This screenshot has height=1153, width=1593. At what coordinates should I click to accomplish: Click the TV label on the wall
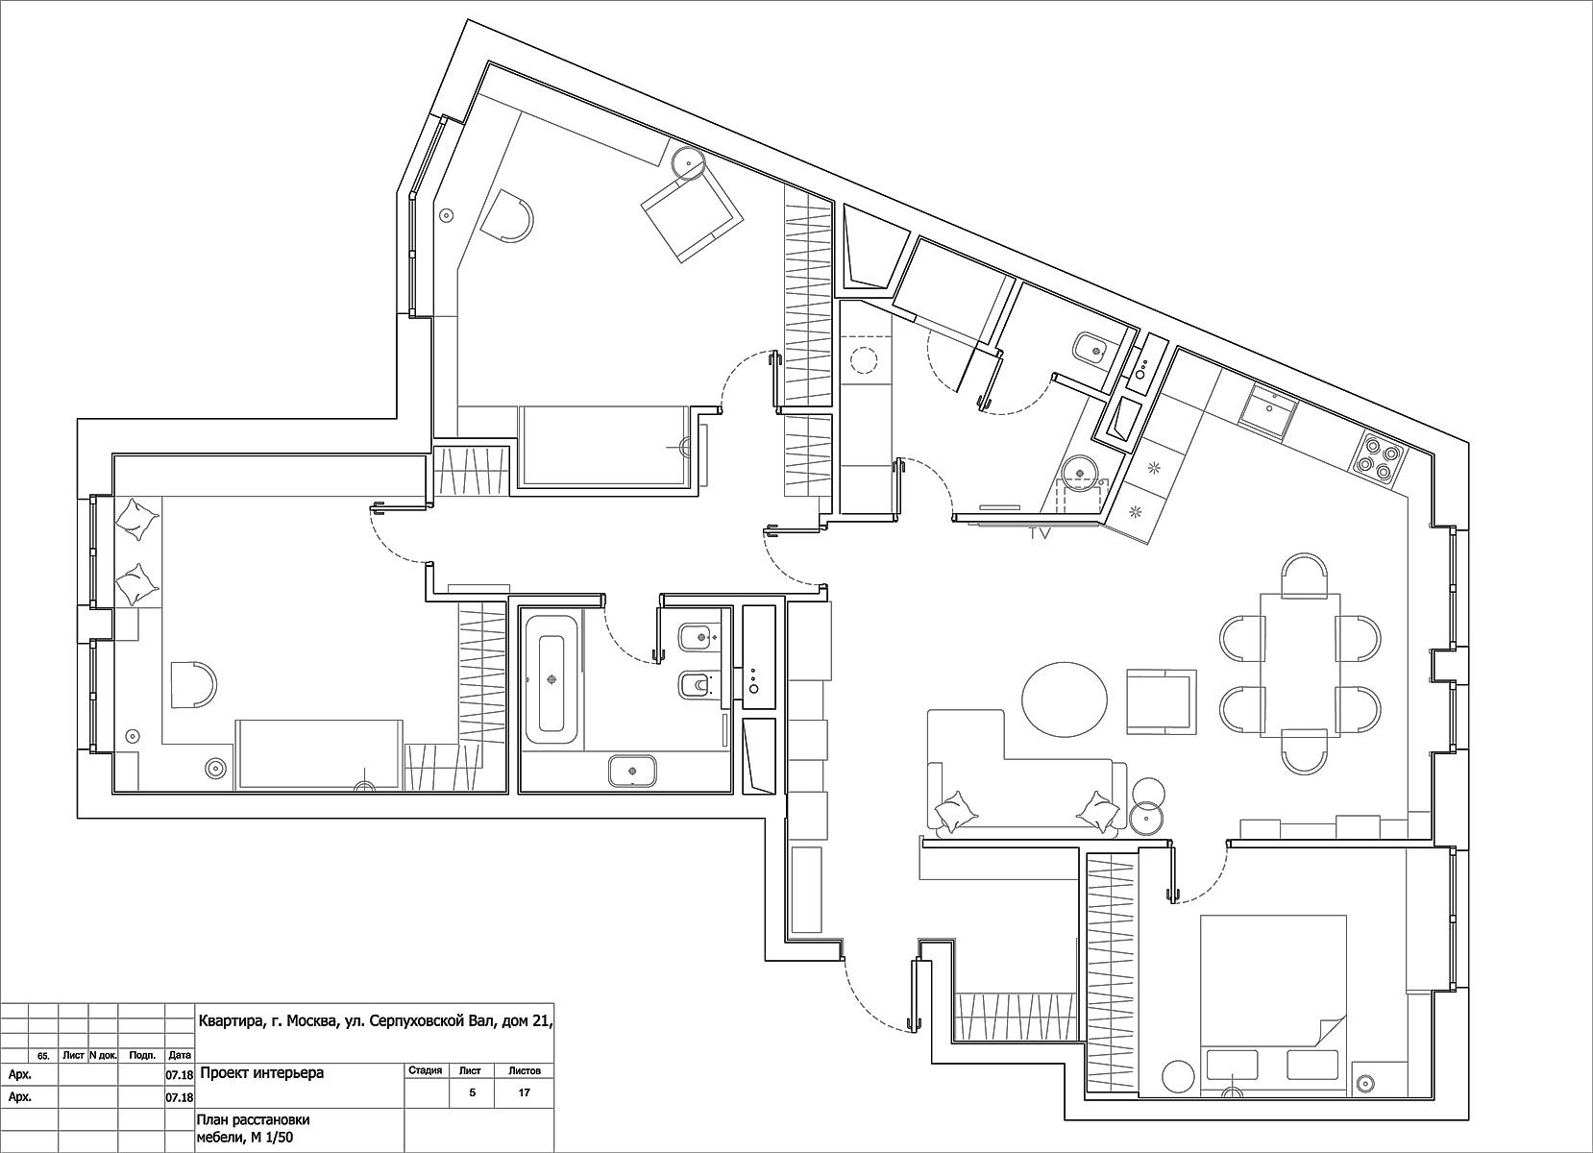(1040, 533)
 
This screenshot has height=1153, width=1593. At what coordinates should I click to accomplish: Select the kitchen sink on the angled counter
(1269, 411)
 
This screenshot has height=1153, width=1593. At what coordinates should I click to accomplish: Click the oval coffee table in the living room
(1064, 699)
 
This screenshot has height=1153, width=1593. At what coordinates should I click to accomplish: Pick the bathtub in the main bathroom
(551, 680)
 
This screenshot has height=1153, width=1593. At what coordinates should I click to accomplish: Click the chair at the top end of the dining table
(1304, 575)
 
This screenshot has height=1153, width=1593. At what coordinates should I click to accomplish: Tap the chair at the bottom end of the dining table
(1304, 751)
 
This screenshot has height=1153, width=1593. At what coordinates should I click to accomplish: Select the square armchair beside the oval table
(1162, 700)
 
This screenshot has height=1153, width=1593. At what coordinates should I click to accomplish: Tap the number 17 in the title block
(525, 1092)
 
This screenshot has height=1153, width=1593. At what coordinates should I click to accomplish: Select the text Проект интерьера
(261, 1072)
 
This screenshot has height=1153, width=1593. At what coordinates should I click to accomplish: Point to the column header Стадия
(426, 1070)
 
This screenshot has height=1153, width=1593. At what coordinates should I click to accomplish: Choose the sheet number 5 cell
(472, 1092)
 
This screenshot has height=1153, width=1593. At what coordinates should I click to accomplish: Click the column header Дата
(180, 1056)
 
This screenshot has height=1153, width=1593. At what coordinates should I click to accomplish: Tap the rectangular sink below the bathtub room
(632, 771)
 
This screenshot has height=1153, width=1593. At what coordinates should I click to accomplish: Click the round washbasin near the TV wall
(1080, 472)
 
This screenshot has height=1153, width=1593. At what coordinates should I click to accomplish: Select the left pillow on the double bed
(1233, 1066)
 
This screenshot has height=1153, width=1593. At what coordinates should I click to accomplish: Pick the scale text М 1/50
(271, 1138)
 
